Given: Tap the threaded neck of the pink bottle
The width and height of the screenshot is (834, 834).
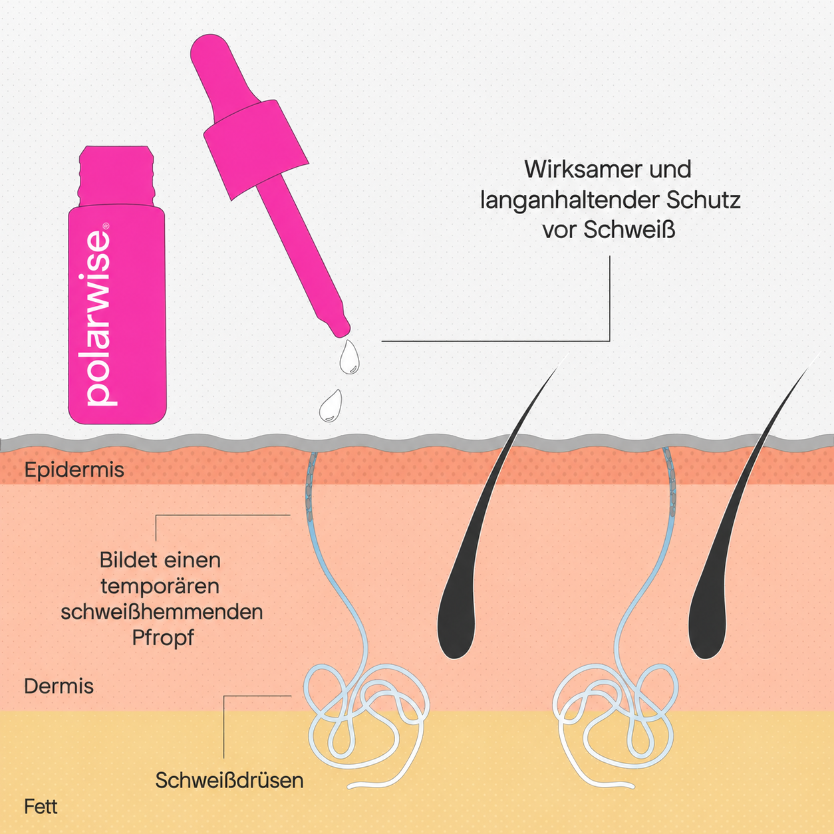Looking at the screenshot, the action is (116, 176).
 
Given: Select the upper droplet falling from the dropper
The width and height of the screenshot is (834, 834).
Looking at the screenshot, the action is (349, 358).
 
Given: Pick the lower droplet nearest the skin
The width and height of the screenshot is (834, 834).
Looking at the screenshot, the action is (331, 406).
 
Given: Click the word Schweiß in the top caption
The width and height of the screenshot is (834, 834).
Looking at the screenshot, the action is (630, 230).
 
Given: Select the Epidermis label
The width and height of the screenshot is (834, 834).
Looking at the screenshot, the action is (74, 470).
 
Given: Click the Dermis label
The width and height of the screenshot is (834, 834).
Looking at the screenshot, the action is (59, 686).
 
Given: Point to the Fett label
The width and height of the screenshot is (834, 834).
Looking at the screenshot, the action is (41, 807).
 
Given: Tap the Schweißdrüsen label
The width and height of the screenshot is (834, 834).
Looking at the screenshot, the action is (229, 781).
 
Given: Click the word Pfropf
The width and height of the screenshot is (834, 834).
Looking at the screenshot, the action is (163, 638).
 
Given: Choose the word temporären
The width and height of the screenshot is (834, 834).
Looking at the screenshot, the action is (160, 587).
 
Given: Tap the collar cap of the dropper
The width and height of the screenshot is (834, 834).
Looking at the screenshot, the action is (256, 150).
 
